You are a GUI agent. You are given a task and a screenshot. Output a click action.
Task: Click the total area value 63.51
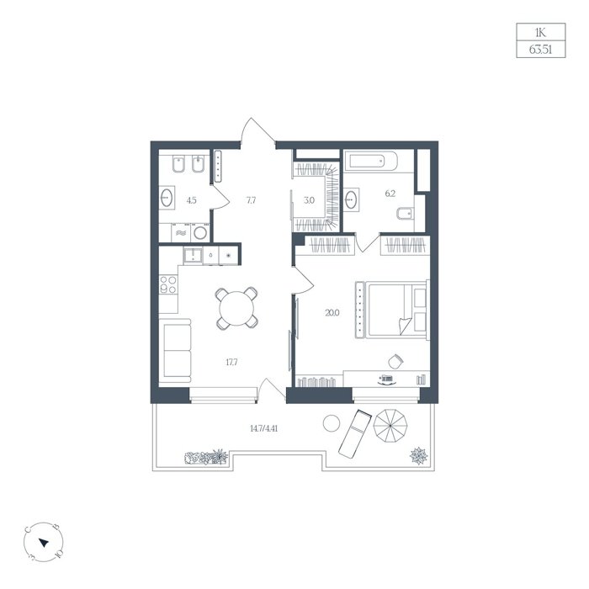(x=540, y=49)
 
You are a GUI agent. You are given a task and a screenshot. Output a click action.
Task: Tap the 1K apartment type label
(x=540, y=33)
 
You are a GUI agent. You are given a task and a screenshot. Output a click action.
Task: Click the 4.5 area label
(x=192, y=200)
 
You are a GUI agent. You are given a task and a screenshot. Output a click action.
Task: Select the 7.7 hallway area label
(x=251, y=200)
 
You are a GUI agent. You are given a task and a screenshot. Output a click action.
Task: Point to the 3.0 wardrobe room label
(x=309, y=200)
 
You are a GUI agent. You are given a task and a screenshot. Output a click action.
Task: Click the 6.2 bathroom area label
(x=390, y=194)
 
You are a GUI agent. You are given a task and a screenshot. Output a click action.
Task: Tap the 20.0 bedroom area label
(x=332, y=312)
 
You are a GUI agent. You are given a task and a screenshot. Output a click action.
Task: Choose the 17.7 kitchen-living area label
(x=231, y=363)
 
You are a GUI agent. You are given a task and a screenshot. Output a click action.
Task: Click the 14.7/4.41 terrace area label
(x=263, y=428)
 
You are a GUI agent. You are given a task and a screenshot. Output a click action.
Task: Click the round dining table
(x=236, y=309)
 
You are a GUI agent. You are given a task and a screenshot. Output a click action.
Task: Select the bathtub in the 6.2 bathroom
(x=374, y=162)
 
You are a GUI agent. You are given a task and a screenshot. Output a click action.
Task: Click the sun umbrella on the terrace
(x=390, y=426)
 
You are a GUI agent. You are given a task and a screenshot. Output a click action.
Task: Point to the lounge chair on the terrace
(x=355, y=433)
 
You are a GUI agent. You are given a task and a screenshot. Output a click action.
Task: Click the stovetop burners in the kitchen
(x=168, y=284)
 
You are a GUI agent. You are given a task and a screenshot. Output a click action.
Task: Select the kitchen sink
(x=193, y=256)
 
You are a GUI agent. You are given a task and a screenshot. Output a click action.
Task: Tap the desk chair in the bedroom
(x=395, y=361)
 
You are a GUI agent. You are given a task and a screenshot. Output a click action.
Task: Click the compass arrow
(x=44, y=543)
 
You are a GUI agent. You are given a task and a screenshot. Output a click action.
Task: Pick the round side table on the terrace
(x=332, y=423)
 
